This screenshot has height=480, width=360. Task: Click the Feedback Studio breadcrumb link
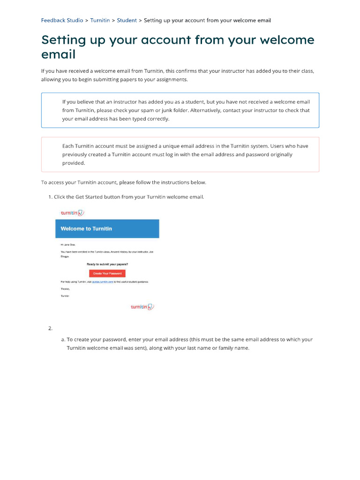[x=62, y=21]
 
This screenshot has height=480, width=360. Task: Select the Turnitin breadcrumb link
[x=100, y=21]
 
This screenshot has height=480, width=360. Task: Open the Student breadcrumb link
[x=127, y=21]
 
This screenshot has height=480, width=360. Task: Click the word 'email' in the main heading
[x=58, y=54]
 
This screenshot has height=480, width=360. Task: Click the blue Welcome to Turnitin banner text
[x=86, y=229]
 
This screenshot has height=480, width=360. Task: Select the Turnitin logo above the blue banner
[x=72, y=213]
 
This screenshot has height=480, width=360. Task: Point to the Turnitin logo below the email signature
[x=142, y=307]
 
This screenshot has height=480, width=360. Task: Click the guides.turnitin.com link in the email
[x=103, y=282]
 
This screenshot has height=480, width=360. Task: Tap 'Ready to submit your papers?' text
[x=107, y=264]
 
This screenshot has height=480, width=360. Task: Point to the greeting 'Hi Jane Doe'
[x=68, y=245]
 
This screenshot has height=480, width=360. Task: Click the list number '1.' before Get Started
[x=50, y=197]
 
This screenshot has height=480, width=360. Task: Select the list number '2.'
[x=50, y=328]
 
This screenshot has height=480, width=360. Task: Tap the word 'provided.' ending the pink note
[x=74, y=163]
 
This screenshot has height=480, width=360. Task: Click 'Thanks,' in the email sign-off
[x=65, y=289]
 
